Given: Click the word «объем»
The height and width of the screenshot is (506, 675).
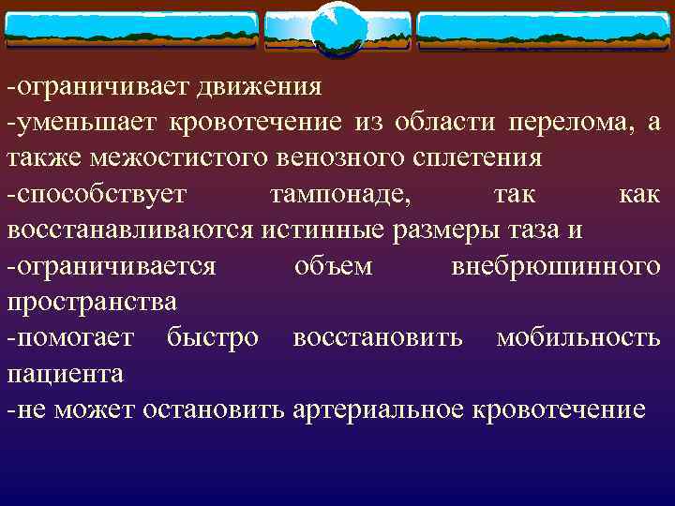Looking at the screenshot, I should coord(333,266).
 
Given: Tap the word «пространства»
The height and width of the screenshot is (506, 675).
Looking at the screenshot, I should coord(92,302).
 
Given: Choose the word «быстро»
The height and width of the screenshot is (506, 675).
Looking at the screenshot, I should coord(212,337).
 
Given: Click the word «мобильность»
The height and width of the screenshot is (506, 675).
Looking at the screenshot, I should coord(577,337).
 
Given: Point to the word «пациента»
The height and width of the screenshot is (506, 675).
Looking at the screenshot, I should coord(65,373).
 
